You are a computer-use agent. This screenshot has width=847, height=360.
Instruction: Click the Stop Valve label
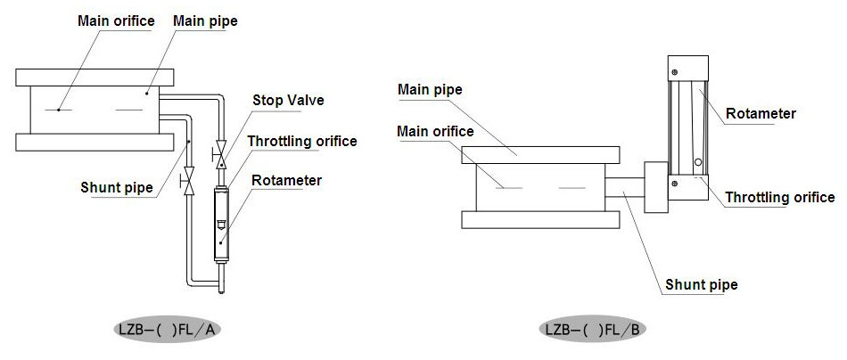(x=287, y=100)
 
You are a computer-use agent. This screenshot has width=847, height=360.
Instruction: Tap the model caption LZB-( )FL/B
(x=592, y=330)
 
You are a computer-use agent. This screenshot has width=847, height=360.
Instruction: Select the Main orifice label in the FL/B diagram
(x=435, y=131)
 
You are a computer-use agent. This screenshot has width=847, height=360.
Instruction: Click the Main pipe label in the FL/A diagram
(x=205, y=20)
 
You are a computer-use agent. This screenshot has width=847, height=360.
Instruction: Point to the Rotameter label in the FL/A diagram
(x=286, y=180)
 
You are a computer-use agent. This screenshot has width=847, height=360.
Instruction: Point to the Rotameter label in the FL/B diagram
(x=761, y=113)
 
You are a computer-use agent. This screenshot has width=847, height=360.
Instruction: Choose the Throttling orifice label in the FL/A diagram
(x=302, y=141)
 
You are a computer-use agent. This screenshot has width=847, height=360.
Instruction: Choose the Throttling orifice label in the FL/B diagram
(x=780, y=197)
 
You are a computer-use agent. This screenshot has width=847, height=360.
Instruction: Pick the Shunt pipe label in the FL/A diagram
(x=116, y=187)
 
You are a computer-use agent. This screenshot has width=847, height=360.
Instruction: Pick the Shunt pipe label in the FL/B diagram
(x=701, y=285)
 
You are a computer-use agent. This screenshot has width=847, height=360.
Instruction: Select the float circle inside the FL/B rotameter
(x=698, y=163)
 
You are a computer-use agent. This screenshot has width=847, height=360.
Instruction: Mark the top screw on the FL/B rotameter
(x=675, y=72)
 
